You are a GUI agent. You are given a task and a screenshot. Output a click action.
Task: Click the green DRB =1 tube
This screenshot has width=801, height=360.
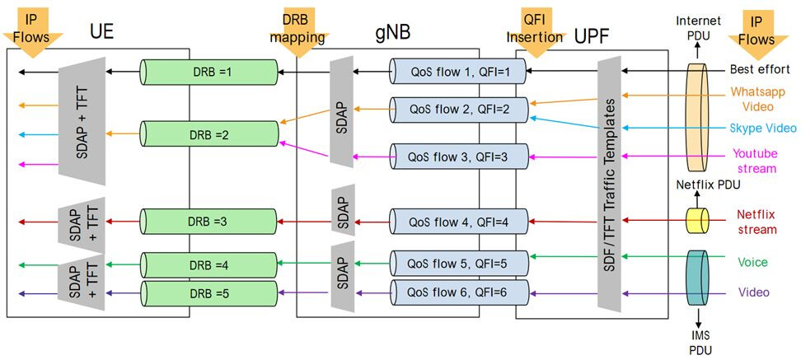208,72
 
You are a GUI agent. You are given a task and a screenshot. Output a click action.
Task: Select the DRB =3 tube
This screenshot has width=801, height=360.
208,221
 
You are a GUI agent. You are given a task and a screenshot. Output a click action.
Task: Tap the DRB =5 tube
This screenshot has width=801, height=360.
208,292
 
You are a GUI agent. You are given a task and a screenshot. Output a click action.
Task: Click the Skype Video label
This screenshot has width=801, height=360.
762,129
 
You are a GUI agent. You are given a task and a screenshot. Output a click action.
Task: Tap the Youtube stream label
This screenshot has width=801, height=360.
754,161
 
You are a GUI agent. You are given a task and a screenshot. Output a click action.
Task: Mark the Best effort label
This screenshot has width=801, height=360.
760,69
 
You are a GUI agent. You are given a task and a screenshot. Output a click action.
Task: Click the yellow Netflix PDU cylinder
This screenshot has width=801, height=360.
699,220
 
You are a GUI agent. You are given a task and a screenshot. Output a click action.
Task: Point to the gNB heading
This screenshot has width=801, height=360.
389,34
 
